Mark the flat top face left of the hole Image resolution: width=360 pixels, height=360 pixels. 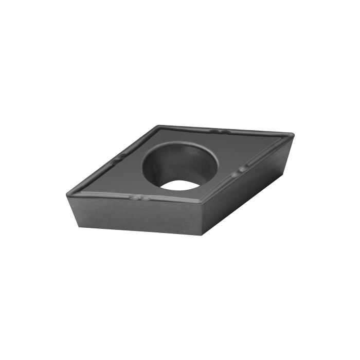tap(121, 172)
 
